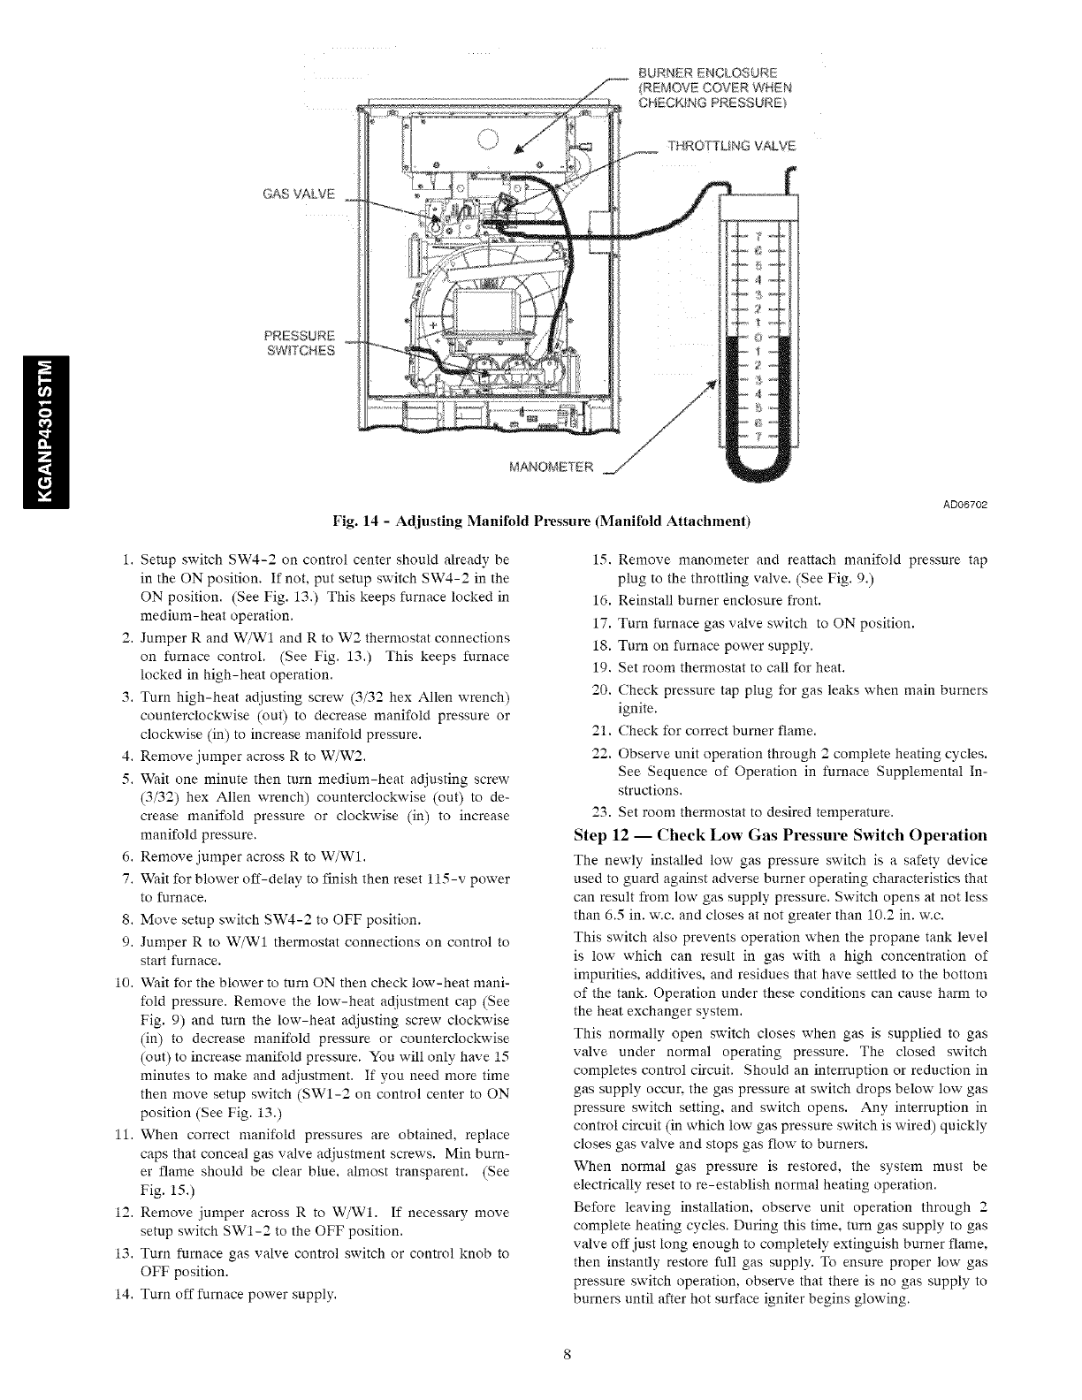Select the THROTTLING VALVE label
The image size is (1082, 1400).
click(731, 146)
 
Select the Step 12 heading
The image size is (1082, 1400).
click(780, 835)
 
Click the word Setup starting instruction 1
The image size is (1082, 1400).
click(159, 560)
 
